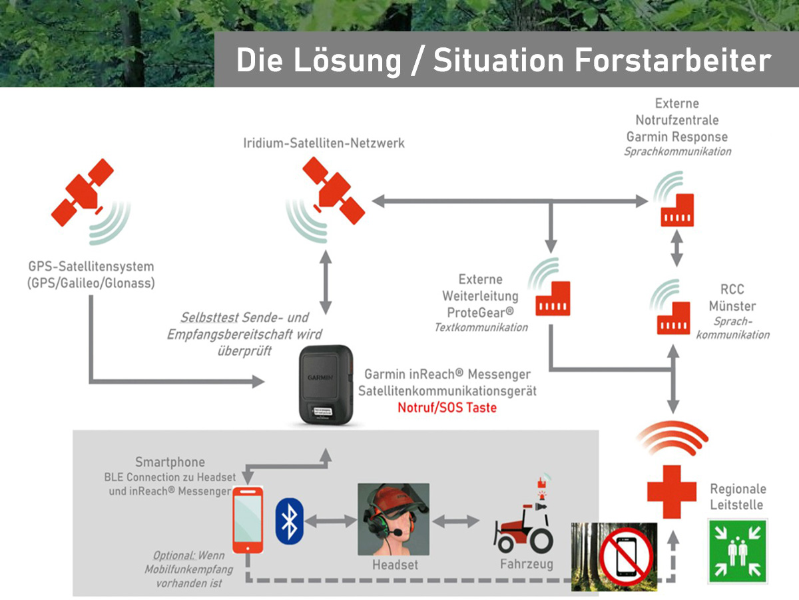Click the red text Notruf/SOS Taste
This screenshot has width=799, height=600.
click(x=447, y=407)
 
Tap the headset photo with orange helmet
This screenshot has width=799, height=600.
click(x=393, y=520)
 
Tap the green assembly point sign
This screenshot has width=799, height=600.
click(x=737, y=551)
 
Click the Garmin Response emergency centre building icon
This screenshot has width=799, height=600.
click(x=678, y=209)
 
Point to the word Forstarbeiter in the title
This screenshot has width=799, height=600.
click(x=672, y=61)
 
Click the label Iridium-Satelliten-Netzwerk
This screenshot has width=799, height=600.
click(x=324, y=143)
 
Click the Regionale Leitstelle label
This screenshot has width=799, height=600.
click(x=738, y=497)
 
